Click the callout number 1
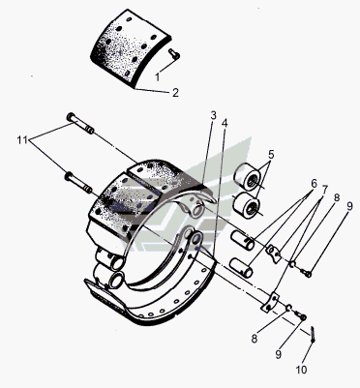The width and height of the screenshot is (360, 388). [x=158, y=77]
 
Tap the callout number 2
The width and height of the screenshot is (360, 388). [x=175, y=93]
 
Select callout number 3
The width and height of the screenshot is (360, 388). [x=213, y=116]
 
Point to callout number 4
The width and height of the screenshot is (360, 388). [x=225, y=123]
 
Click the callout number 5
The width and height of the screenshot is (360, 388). [x=271, y=155]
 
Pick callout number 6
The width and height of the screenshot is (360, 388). [x=315, y=184]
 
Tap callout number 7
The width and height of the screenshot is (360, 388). [x=324, y=190]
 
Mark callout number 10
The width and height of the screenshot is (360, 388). [x=301, y=370]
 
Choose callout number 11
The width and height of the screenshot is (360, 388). [x=22, y=140]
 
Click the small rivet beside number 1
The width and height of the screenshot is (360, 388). [x=174, y=54]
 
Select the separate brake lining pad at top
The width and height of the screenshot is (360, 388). [x=131, y=48]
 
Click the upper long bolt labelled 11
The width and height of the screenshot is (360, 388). [x=80, y=124]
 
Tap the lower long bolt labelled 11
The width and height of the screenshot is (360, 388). [x=79, y=183]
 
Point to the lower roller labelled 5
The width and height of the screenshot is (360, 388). [x=247, y=206]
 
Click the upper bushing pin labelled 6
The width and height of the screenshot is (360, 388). [x=242, y=240]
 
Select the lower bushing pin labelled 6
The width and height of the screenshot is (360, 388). [x=241, y=267]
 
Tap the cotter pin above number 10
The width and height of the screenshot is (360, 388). [x=313, y=335]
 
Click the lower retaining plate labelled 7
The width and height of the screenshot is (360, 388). [x=270, y=303]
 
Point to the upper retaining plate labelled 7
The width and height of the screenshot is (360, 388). [x=274, y=254]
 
